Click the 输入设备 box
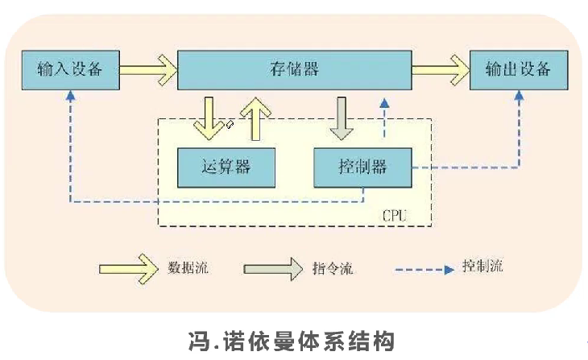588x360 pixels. tap(70, 69)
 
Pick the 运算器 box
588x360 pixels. tap(226, 167)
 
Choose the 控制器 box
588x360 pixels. tap(362, 167)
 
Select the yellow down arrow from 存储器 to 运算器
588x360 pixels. tap(211, 117)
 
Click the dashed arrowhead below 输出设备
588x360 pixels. tap(518, 95)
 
